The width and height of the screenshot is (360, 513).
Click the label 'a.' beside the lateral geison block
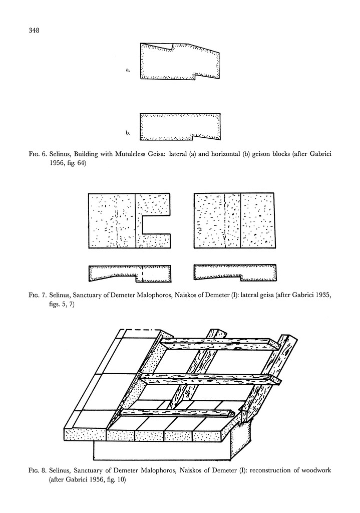click(128, 71)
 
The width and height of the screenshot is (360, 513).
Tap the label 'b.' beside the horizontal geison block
click(128, 133)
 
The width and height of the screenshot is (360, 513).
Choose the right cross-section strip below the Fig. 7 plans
click(235, 273)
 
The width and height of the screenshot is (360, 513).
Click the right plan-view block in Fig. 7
click(234, 220)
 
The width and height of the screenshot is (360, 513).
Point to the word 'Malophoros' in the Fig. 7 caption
click(166, 296)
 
